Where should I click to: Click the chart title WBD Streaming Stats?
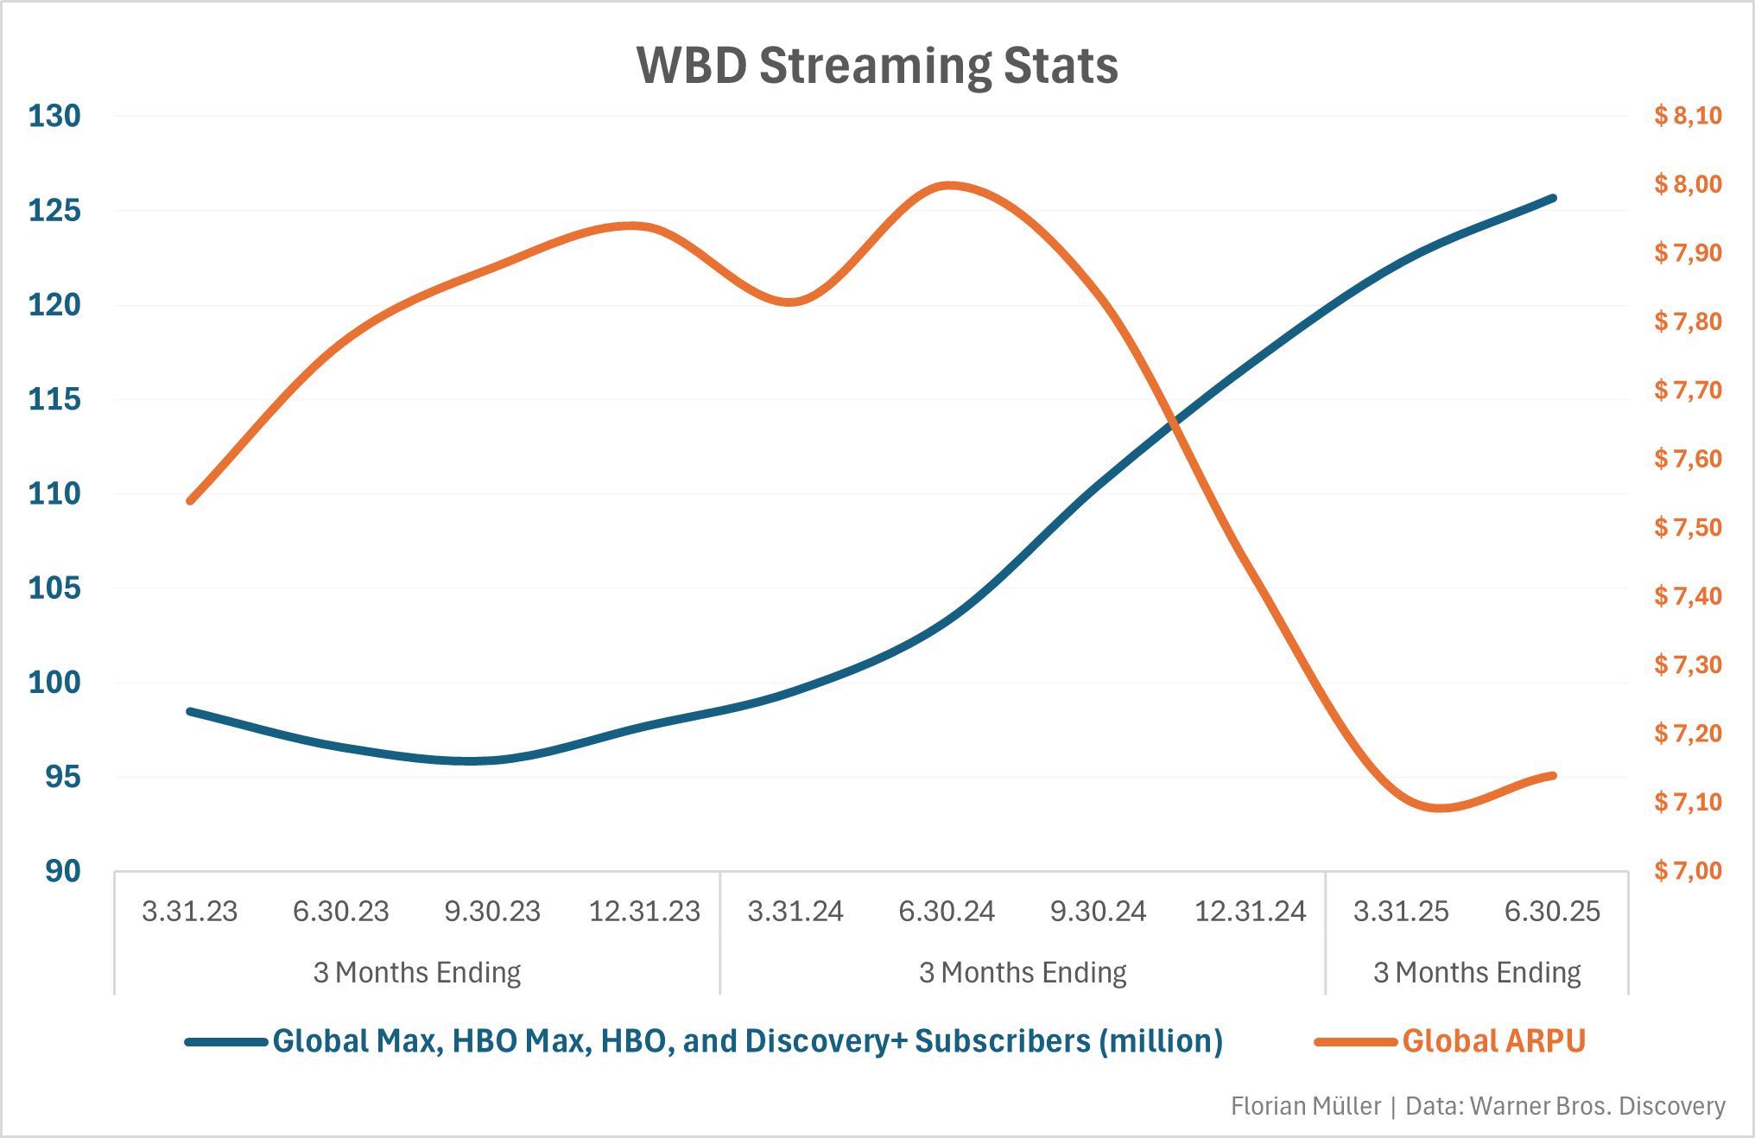tap(877, 66)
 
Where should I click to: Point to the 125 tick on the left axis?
tap(54, 210)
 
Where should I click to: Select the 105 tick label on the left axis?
tap(54, 588)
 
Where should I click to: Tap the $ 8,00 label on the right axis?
tap(1688, 184)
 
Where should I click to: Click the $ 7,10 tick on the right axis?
tap(1688, 802)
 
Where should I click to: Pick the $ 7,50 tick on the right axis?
tap(1688, 527)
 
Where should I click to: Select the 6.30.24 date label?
tap(947, 912)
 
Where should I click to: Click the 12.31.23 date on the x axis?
tap(644, 912)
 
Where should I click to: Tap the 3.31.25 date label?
tap(1401, 912)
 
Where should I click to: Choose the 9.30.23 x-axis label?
tap(492, 912)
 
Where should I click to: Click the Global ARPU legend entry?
tap(1493, 1041)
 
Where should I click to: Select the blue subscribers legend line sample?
tap(226, 1042)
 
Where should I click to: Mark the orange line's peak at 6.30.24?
tap(948, 185)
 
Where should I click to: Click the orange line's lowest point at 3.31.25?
tap(1439, 809)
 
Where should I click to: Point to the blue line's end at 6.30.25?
tap(1553, 198)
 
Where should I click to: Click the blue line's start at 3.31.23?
tap(190, 711)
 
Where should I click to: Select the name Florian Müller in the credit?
tap(1305, 1106)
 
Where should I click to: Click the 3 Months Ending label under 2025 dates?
tap(1477, 973)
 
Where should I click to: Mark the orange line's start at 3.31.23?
tap(190, 500)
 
